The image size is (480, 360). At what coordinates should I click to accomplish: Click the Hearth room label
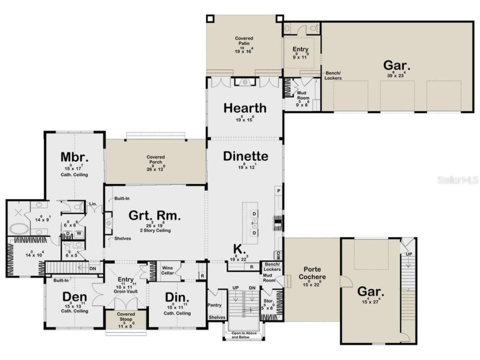[244, 108]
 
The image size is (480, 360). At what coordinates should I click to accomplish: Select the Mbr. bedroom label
[74, 157]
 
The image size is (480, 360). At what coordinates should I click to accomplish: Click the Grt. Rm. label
[155, 216]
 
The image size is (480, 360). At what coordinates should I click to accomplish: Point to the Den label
[74, 297]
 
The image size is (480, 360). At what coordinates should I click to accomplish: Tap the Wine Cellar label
[168, 270]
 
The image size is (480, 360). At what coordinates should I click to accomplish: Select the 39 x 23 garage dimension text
[396, 76]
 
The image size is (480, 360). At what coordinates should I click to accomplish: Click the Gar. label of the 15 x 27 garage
[369, 292]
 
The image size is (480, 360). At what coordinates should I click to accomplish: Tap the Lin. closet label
[93, 204]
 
